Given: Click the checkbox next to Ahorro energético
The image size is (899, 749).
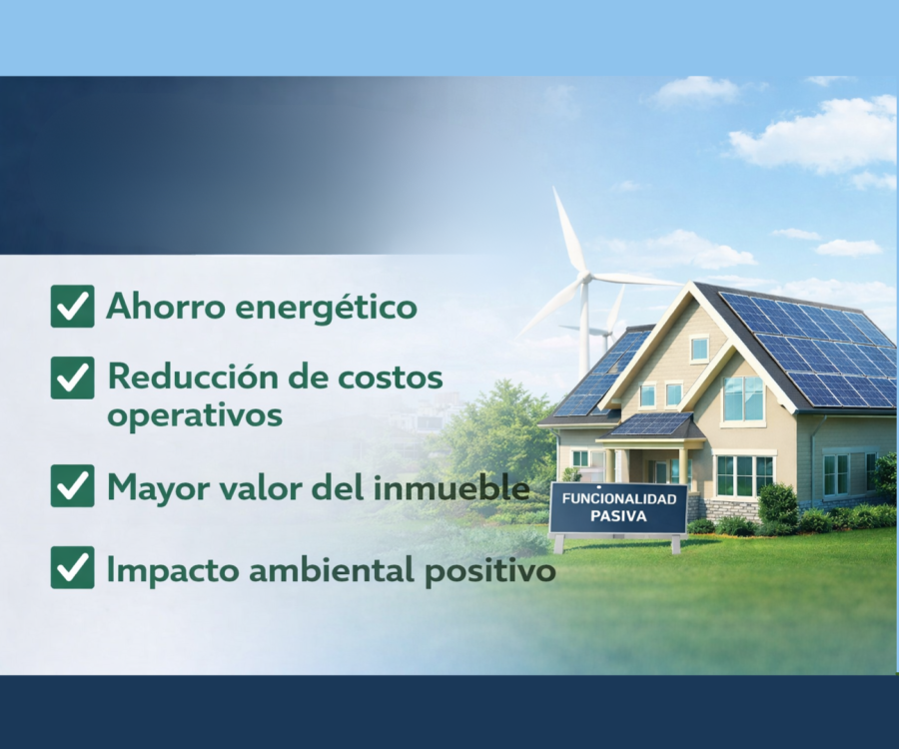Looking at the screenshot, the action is click(x=72, y=306).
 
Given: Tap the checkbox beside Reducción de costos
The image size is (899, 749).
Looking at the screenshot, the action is click(x=72, y=377).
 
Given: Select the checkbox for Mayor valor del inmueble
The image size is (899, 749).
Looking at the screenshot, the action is click(x=72, y=486).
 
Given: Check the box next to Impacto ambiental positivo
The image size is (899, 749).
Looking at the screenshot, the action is click(x=72, y=567).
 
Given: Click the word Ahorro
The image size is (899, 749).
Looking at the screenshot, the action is click(x=166, y=306).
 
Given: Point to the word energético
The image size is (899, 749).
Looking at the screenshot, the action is click(x=327, y=307).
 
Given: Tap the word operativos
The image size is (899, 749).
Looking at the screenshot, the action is click(x=195, y=414).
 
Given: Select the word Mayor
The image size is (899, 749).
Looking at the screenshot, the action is click(x=155, y=487).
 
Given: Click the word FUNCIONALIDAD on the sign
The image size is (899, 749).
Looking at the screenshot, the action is click(x=619, y=498).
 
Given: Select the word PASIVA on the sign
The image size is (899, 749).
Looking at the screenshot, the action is click(x=618, y=516).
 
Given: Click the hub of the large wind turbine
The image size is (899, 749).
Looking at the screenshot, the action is click(x=584, y=278).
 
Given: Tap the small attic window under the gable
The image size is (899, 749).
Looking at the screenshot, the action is click(x=699, y=348).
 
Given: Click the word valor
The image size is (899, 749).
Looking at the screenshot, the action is click(x=257, y=487).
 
